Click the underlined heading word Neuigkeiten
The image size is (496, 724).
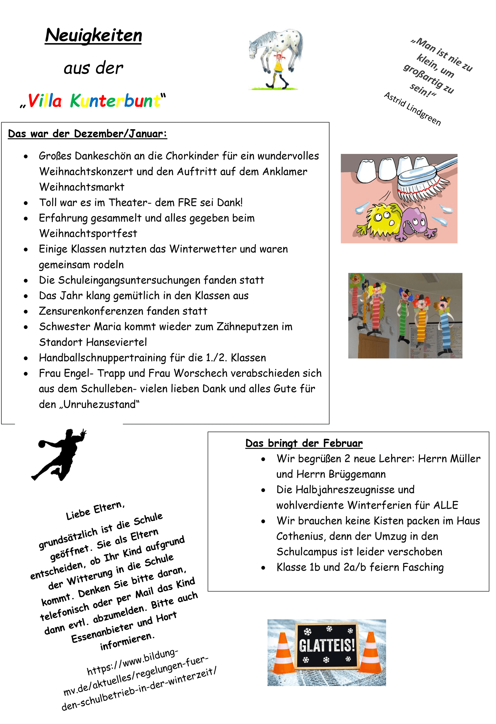[x=93, y=35]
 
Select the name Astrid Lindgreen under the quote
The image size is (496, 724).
[x=412, y=109]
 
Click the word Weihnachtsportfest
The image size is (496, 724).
[x=88, y=234]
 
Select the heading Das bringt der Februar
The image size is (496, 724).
[x=304, y=443]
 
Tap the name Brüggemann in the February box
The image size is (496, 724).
[x=357, y=474]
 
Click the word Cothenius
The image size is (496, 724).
[x=300, y=536]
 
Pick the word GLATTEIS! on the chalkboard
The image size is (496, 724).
[x=327, y=646]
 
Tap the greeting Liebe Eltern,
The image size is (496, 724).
[x=95, y=511]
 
